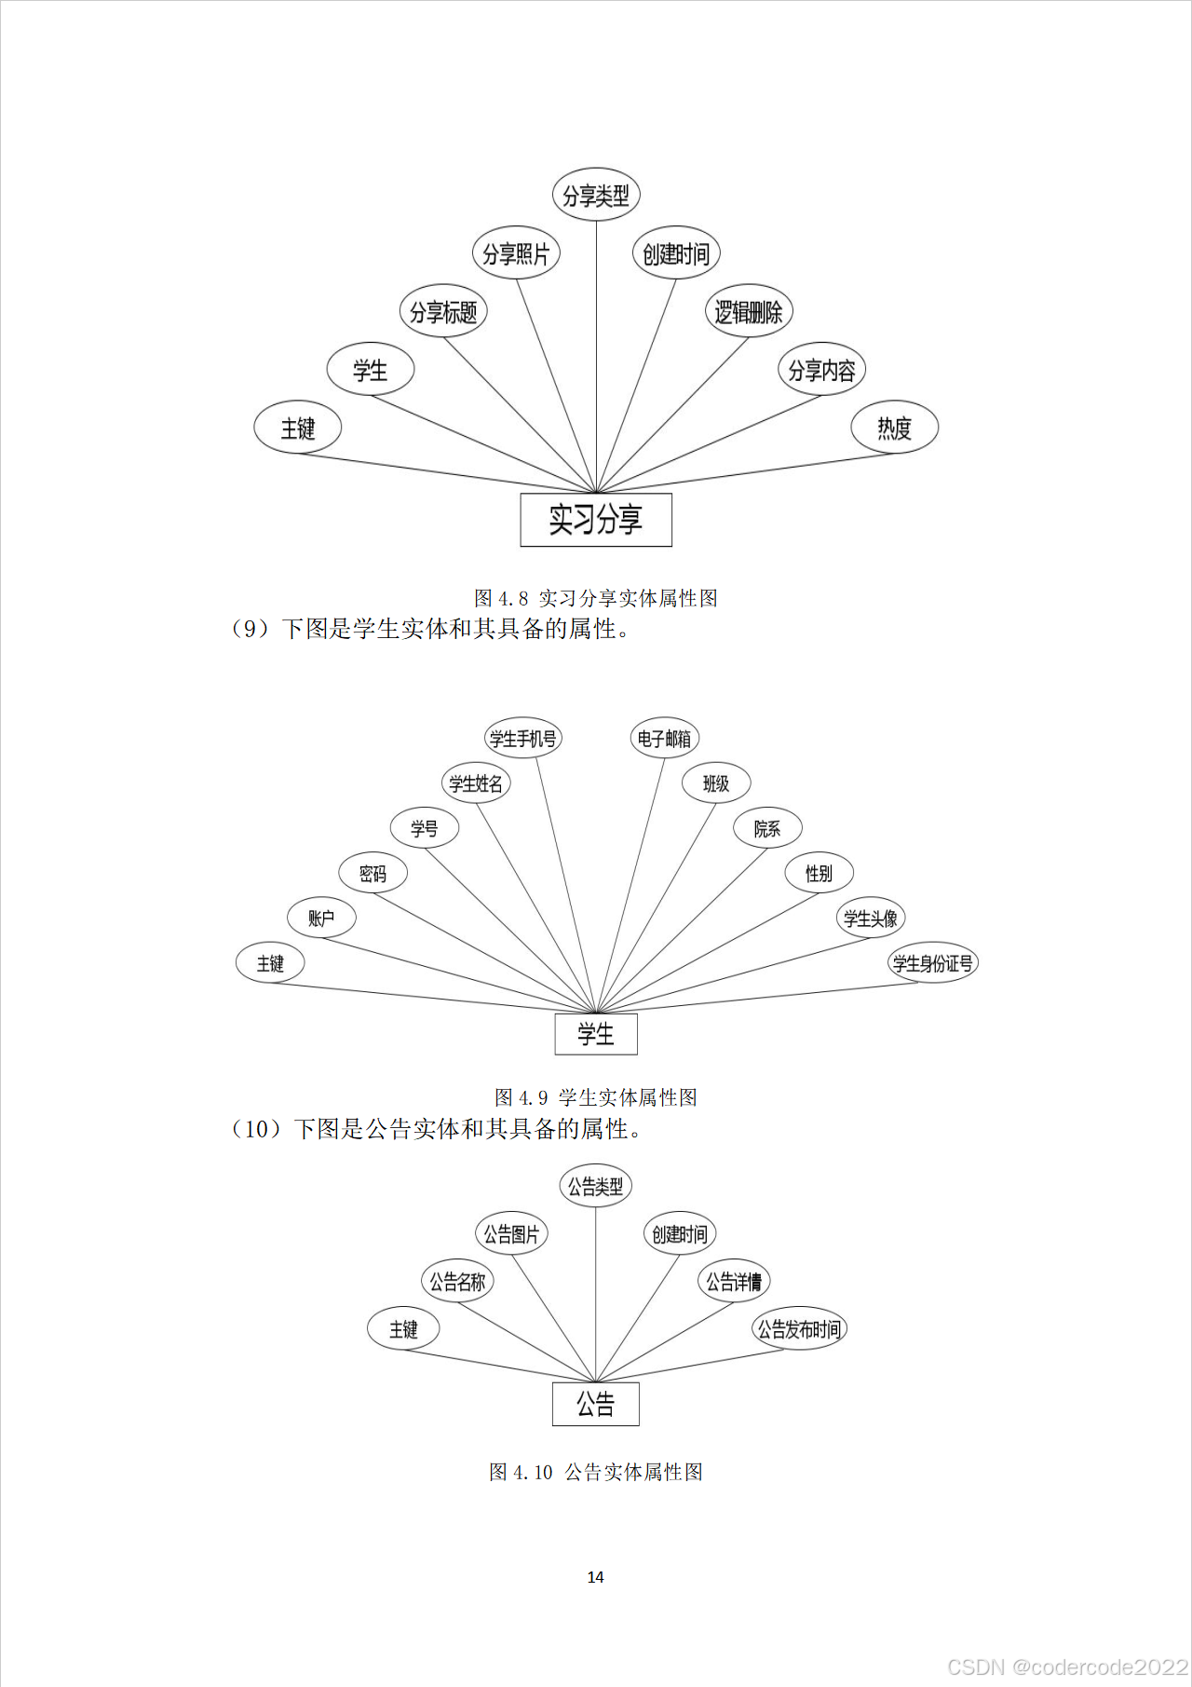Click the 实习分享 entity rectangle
[x=596, y=520]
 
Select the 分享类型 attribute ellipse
[x=596, y=196]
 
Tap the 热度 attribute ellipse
[x=894, y=428]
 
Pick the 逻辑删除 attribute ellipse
[x=748, y=311]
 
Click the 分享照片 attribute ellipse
[x=516, y=253]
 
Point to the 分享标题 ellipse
[x=443, y=311]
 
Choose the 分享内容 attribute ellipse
[x=821, y=370]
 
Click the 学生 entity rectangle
[x=596, y=1034]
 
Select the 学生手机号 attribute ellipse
[x=523, y=739]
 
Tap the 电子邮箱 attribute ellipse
[x=664, y=739]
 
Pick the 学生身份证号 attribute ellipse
[x=932, y=963]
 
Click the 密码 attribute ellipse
[x=372, y=874]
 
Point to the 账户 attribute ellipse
[x=321, y=918]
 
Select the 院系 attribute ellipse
[x=767, y=828]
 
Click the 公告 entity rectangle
[x=596, y=1404]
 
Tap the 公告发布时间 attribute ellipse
[x=799, y=1329]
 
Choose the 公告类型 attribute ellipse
[x=596, y=1187]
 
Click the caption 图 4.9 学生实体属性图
[x=596, y=1097]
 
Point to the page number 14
[x=596, y=1577]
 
